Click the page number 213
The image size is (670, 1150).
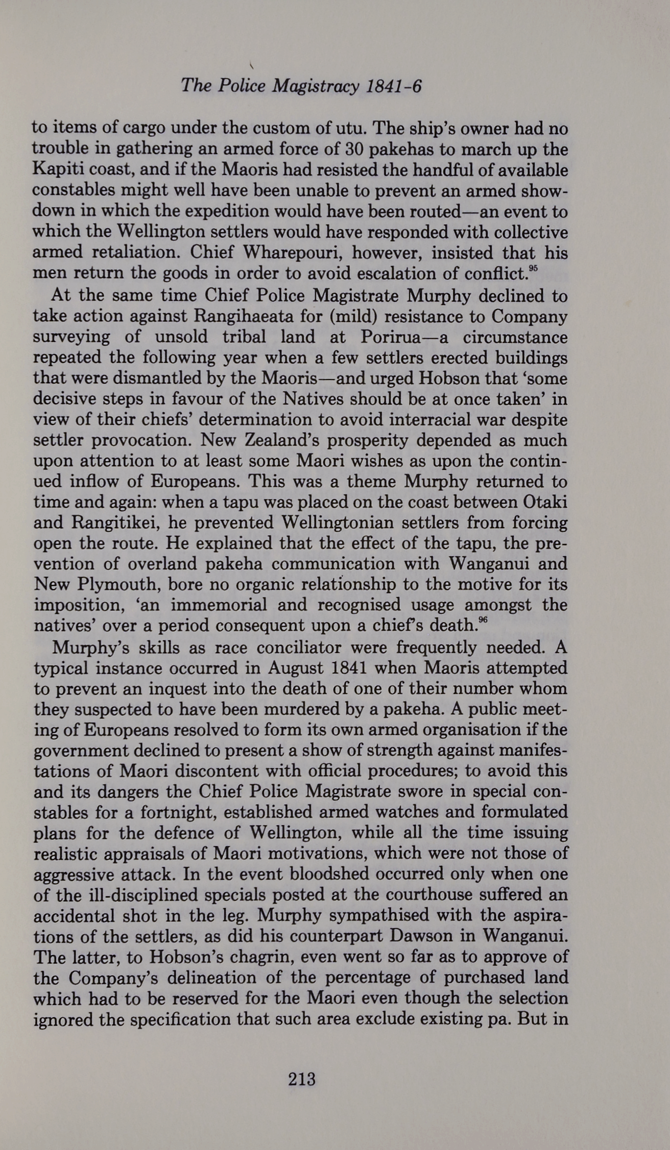tap(302, 1079)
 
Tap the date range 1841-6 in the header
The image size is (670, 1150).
tap(393, 87)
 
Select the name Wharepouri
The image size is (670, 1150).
tap(292, 253)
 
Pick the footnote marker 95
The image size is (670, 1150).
tap(533, 268)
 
